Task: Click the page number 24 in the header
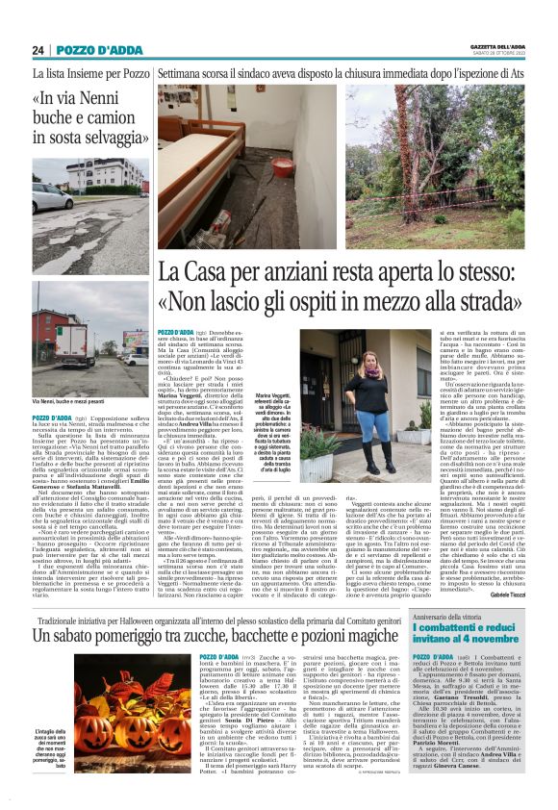[x=38, y=50]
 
